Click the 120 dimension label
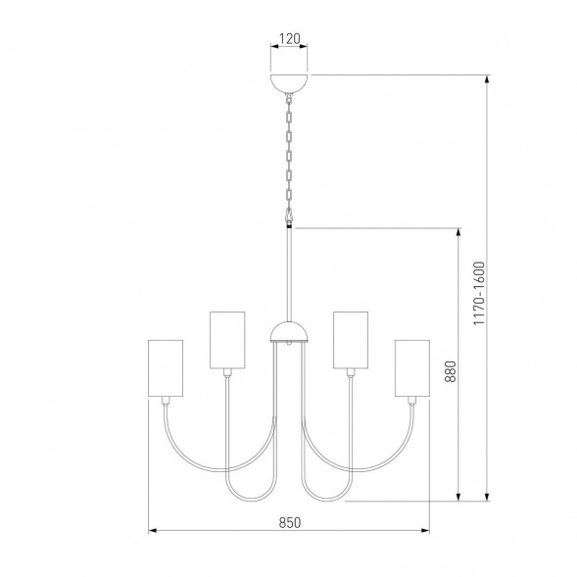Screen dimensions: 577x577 coord(290,38)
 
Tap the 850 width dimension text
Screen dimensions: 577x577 coord(290,522)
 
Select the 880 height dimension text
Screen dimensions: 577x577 coord(451,371)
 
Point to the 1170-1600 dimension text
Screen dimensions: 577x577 coord(479,293)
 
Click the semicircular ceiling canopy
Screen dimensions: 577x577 coord(289,83)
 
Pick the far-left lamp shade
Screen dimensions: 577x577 coord(166,368)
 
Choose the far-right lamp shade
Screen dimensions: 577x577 coord(412,368)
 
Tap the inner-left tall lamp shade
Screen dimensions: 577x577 coord(227,340)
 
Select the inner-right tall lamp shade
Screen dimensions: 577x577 coord(351,340)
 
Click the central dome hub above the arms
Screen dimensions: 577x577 coord(289,331)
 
